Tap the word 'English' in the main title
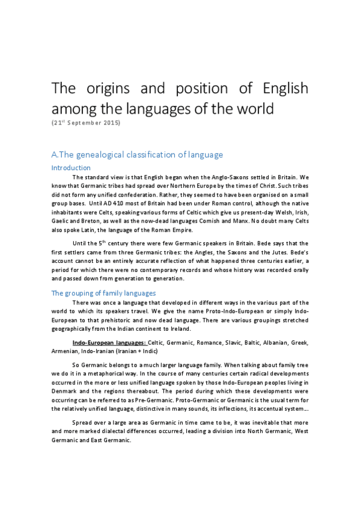(285, 89)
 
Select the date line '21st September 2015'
(87, 123)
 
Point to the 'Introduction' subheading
(71, 168)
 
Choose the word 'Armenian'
(67, 351)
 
